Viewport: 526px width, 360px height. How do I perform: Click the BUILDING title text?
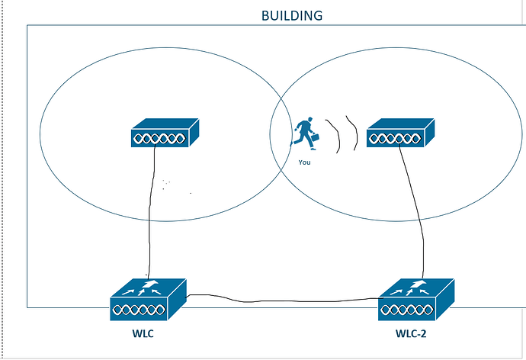pyautogui.click(x=291, y=15)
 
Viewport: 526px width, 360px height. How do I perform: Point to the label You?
pyautogui.click(x=305, y=162)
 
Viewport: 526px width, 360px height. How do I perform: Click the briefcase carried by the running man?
pyautogui.click(x=316, y=139)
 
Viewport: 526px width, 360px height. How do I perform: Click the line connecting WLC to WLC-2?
pyautogui.click(x=282, y=300)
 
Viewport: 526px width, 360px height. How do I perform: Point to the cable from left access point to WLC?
pyautogui.click(x=152, y=214)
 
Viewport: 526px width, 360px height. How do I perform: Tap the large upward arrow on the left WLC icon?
pyautogui.click(x=149, y=286)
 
